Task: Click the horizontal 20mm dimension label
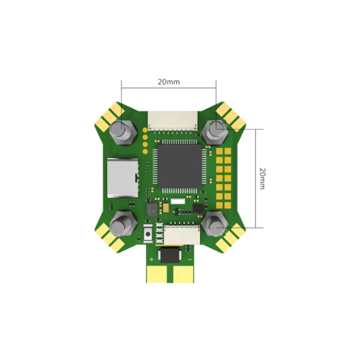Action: (169, 82)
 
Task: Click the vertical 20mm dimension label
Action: (262, 178)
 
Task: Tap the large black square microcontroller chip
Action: (180, 166)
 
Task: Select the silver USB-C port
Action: (123, 178)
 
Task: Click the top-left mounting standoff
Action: (123, 132)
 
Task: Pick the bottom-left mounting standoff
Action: (123, 224)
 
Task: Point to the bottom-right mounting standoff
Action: (215, 224)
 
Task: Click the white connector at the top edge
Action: (173, 121)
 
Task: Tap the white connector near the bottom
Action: (182, 235)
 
